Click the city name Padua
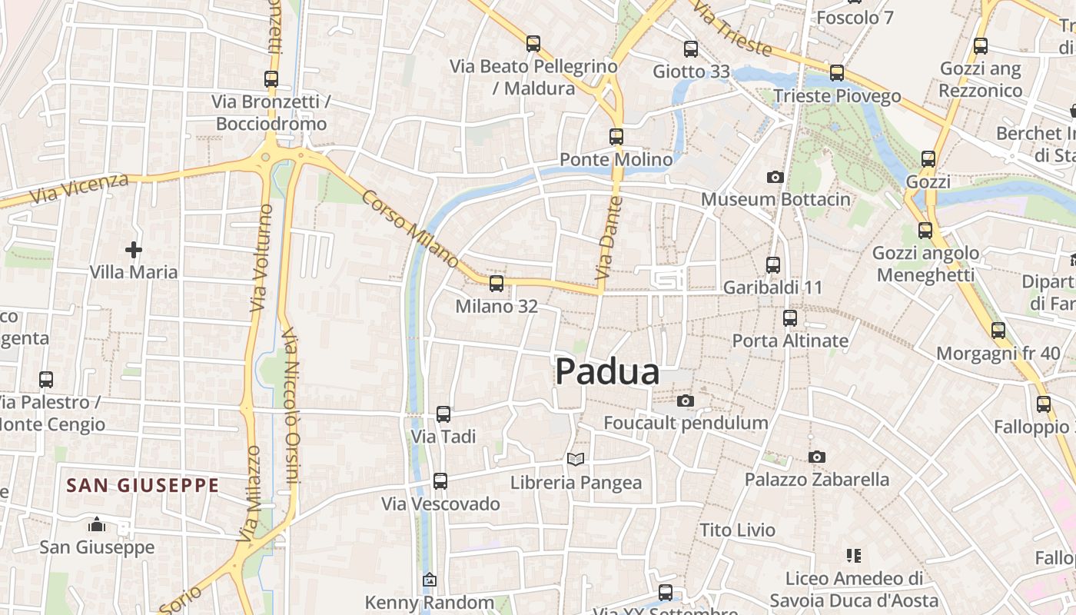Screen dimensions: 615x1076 coord(607,372)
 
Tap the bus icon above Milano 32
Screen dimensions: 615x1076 coord(496,284)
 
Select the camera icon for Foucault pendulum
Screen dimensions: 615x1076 coord(686,401)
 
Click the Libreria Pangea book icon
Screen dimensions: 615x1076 coord(576,459)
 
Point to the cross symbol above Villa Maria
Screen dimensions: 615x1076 coord(134,249)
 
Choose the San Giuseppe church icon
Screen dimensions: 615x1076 coord(97,524)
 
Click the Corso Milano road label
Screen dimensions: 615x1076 coord(410,229)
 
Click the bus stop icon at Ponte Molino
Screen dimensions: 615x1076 coord(616,137)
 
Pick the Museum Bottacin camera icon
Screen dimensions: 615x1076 coord(775,177)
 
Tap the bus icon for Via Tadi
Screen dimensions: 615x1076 coord(443,414)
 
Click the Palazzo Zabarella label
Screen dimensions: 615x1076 coord(816,480)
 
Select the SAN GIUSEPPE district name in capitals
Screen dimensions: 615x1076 coord(143,486)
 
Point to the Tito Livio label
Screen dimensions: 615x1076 coord(738,530)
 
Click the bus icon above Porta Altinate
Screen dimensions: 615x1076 coord(790,317)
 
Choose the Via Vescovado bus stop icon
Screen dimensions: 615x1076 coord(440,481)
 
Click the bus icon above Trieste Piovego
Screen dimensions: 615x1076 coord(837,73)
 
